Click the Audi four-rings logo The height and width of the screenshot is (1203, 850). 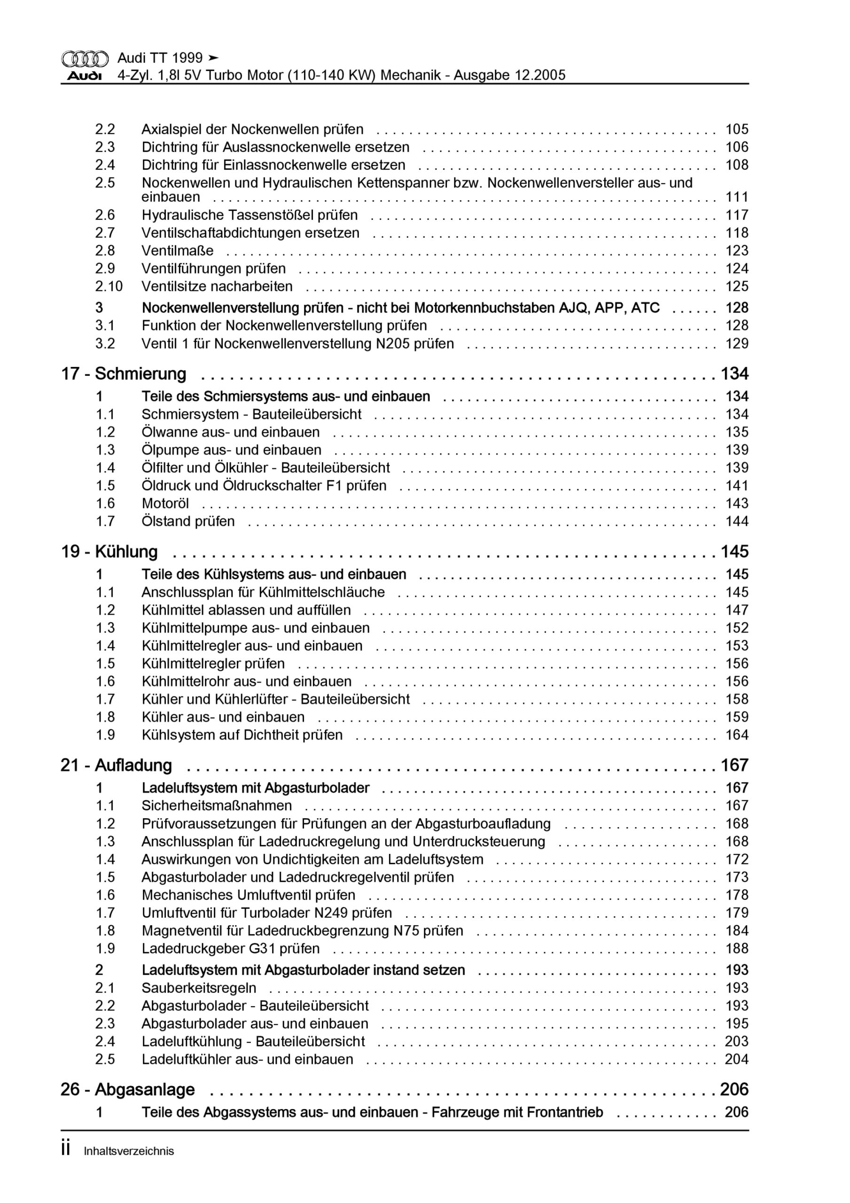point(85,59)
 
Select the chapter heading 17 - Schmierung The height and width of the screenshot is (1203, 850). point(124,374)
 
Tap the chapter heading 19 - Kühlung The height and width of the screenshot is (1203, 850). point(109,552)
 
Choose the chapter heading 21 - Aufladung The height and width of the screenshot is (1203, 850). point(117,766)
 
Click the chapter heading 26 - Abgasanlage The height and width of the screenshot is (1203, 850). point(128,1090)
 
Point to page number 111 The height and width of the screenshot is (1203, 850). point(736,197)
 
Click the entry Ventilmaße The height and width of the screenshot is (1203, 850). point(178,251)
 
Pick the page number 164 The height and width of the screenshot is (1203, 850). point(736,735)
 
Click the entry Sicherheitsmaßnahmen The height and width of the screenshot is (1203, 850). point(217,805)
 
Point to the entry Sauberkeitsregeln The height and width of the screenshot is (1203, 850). point(199,988)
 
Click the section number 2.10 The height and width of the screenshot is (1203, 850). point(109,287)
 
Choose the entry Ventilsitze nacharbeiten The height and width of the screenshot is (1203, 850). point(217,287)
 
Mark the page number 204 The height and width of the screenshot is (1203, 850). point(736,1059)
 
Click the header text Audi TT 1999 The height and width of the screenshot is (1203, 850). point(160,58)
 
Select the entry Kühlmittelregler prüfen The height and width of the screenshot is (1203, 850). point(213,664)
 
